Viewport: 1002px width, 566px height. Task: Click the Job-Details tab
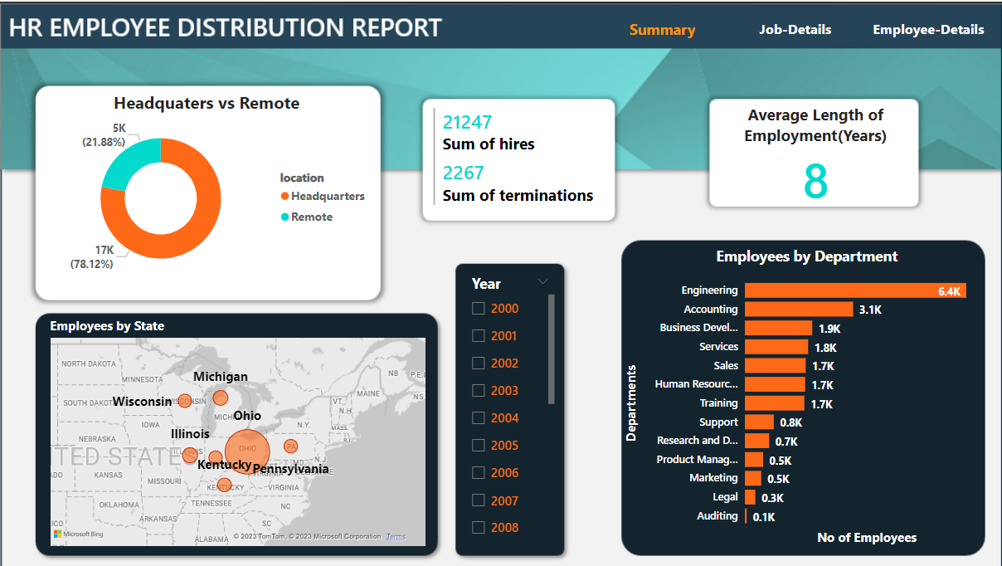pyautogui.click(x=795, y=30)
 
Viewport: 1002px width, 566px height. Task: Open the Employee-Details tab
pyautogui.click(x=928, y=30)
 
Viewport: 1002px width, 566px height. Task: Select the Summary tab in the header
pyautogui.click(x=662, y=30)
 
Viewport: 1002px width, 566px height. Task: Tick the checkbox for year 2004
pyautogui.click(x=479, y=418)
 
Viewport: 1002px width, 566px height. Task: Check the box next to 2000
pyautogui.click(x=479, y=309)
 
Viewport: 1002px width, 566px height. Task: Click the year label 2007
pyautogui.click(x=504, y=500)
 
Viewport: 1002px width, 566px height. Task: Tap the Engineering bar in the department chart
pyautogui.click(x=854, y=290)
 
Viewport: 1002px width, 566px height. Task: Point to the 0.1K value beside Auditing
pyautogui.click(x=764, y=517)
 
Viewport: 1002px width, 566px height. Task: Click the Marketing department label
pyautogui.click(x=713, y=478)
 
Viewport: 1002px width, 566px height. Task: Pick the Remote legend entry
pyautogui.click(x=311, y=217)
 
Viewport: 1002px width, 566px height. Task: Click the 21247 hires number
pyautogui.click(x=467, y=123)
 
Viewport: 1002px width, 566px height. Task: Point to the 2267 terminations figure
pyautogui.click(x=463, y=173)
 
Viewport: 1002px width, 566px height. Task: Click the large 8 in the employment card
pyautogui.click(x=815, y=182)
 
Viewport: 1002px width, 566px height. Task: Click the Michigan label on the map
pyautogui.click(x=221, y=377)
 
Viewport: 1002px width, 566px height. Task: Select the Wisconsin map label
pyautogui.click(x=143, y=402)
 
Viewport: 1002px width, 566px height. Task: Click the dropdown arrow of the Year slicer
pyautogui.click(x=543, y=281)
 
